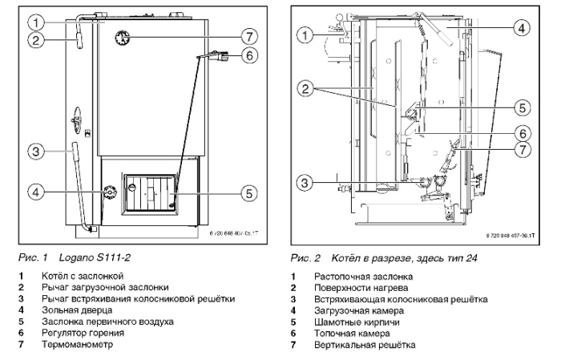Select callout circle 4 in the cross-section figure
click(521, 27)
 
